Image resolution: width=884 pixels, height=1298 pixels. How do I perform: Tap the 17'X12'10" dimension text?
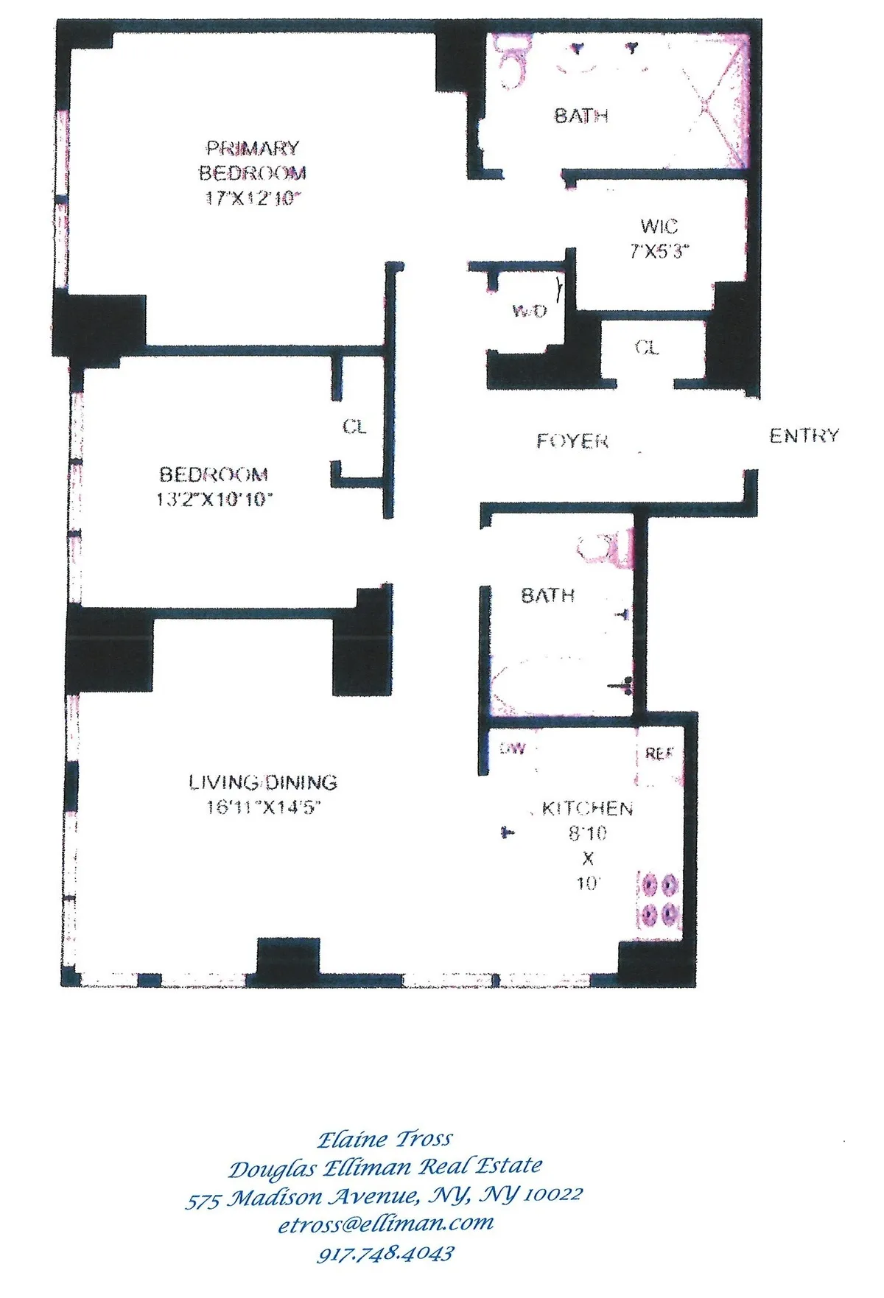253,198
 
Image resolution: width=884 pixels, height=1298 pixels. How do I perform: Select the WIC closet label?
659,226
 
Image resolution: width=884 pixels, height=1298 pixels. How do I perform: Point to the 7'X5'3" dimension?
659,251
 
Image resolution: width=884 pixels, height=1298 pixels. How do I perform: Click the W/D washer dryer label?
529,311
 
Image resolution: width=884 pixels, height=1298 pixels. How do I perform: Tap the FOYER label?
572,441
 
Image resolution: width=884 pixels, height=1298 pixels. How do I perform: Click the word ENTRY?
804,436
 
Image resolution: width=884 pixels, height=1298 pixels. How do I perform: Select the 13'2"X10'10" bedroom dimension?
214,499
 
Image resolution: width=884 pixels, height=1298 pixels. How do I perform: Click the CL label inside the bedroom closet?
354,427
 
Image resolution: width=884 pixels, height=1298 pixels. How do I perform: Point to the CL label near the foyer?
647,347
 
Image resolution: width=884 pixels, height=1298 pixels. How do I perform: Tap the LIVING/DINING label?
263,782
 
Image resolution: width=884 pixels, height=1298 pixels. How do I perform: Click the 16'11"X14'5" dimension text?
263,807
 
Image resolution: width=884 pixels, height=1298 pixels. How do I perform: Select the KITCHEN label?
587,809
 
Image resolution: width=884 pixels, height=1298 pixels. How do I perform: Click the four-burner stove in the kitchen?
658,899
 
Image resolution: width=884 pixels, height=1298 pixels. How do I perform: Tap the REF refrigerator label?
659,754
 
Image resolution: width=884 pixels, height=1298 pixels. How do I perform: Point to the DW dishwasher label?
513,748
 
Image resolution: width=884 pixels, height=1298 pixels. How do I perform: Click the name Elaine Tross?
385,1140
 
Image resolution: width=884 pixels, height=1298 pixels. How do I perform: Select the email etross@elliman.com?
385,1224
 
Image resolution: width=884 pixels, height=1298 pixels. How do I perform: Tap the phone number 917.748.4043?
385,1253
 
